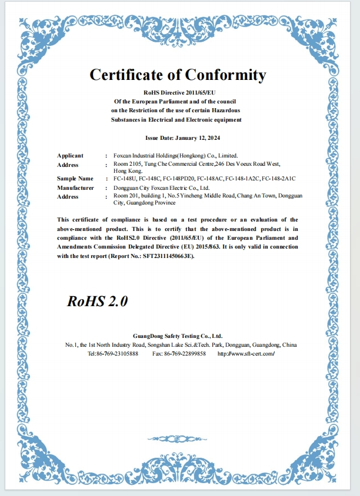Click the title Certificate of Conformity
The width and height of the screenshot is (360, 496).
click(178, 75)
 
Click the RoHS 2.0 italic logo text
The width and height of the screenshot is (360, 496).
click(97, 301)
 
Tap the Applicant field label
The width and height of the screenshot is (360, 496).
click(70, 156)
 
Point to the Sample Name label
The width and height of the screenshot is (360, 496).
click(75, 178)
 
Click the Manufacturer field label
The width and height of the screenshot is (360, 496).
click(75, 187)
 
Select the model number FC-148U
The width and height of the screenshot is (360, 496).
click(124, 178)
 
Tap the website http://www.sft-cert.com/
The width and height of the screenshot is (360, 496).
click(246, 354)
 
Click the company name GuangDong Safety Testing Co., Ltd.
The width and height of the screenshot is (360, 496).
click(178, 335)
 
